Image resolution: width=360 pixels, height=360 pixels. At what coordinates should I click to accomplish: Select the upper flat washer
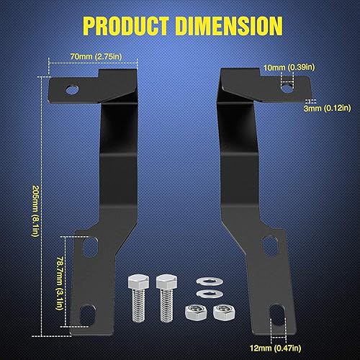tap(204, 281)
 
